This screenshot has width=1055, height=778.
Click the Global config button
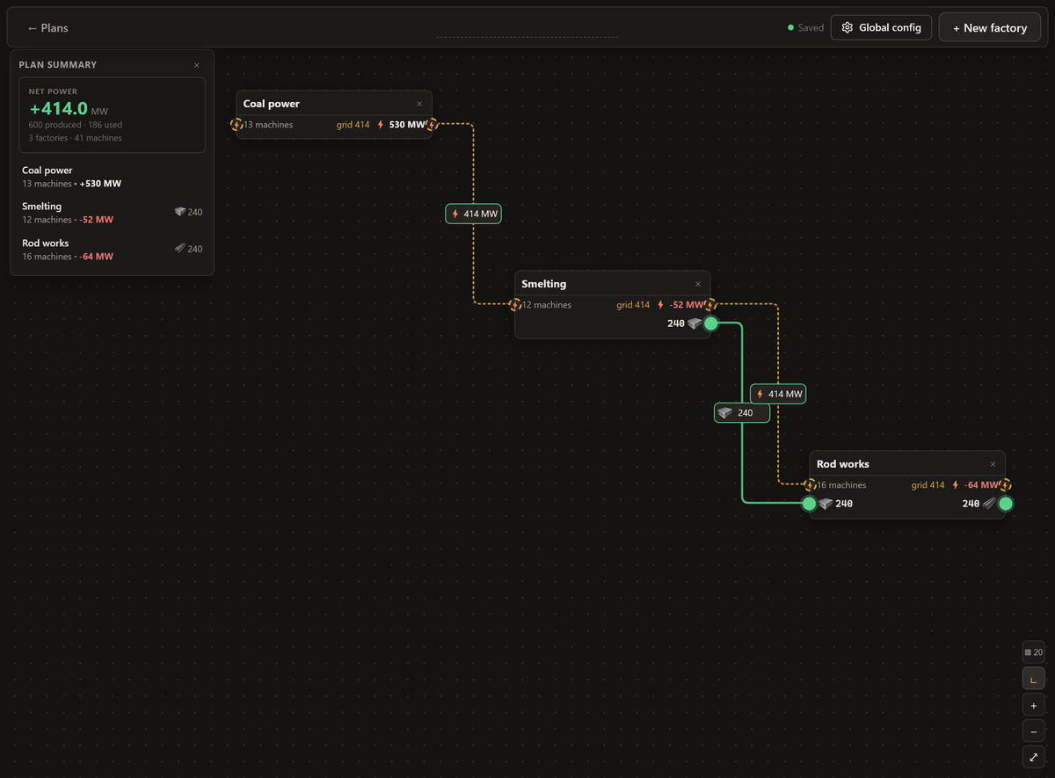[x=881, y=28]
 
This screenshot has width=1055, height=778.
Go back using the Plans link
[x=48, y=28]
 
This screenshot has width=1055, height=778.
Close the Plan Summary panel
[x=197, y=65]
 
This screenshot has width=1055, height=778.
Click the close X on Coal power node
[x=419, y=104]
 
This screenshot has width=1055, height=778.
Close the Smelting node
[x=698, y=284]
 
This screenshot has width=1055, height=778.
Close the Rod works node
[x=993, y=464]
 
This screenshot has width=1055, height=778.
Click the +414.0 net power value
[x=59, y=109]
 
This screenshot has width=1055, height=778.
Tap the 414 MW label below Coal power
[x=473, y=214]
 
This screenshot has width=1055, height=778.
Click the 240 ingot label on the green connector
[x=742, y=413]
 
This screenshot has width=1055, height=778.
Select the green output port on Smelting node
[x=710, y=324]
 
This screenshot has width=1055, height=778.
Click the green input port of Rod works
[x=809, y=504]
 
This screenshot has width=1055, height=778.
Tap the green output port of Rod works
[x=1006, y=504]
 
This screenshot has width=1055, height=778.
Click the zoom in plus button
[x=1033, y=706]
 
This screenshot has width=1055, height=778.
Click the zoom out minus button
[x=1033, y=731]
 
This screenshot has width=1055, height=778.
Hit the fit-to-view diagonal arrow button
[x=1033, y=758]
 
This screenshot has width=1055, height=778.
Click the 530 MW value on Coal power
[x=407, y=125]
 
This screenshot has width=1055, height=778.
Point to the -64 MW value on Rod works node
[x=981, y=485]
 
